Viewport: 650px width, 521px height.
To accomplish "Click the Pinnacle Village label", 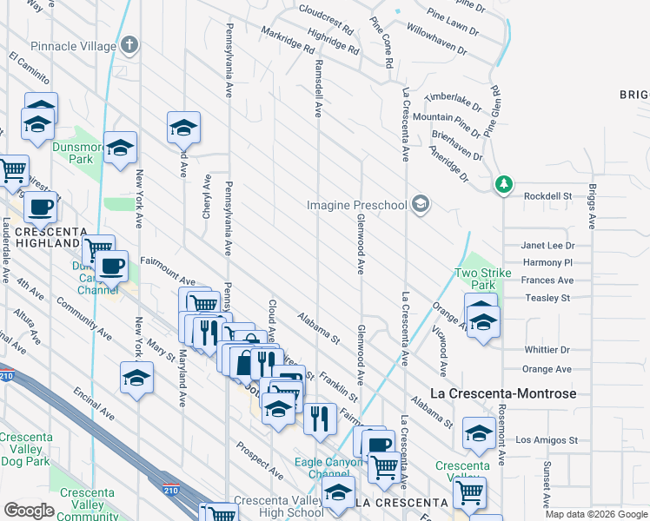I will [x=72, y=44].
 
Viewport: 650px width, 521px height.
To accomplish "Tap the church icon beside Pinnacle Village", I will [x=129, y=43].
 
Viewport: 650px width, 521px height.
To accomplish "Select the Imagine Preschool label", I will [x=357, y=206].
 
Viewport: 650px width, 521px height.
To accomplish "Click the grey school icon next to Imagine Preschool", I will [x=421, y=205].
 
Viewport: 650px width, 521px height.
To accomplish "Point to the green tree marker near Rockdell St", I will [x=503, y=185].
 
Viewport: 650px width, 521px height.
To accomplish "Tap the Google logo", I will [x=29, y=511].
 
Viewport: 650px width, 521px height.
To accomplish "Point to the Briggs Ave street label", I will [x=592, y=205].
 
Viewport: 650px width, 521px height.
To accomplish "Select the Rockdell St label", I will [x=547, y=196].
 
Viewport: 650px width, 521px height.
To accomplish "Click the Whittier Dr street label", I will [x=547, y=350].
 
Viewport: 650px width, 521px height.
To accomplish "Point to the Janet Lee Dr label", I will [x=547, y=246].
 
